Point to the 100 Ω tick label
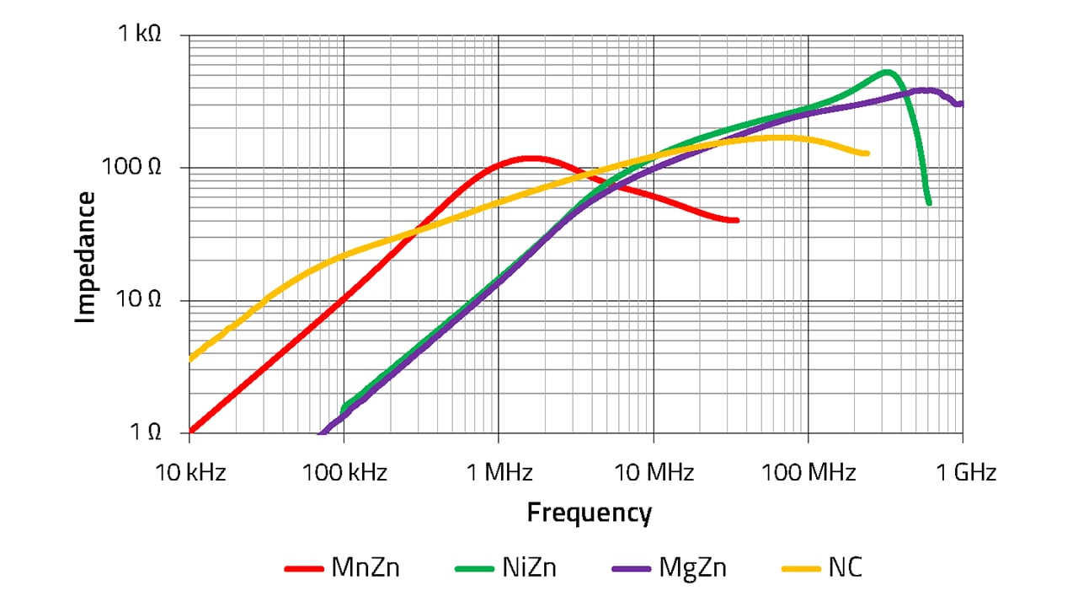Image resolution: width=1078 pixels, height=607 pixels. pyautogui.click(x=131, y=167)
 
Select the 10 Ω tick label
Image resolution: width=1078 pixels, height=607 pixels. pyautogui.click(x=136, y=300)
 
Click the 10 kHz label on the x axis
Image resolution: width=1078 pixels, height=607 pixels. pyautogui.click(x=190, y=472)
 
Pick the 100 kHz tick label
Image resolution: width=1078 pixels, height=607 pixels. pyautogui.click(x=344, y=472)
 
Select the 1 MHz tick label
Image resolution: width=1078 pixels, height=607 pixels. pyautogui.click(x=499, y=472)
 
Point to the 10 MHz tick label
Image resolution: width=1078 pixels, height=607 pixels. pyautogui.click(x=653, y=472)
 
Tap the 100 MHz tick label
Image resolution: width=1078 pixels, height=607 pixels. pyautogui.click(x=808, y=472)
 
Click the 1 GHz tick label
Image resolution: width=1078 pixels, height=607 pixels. pyautogui.click(x=963, y=472)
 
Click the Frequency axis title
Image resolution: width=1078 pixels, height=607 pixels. pyautogui.click(x=589, y=513)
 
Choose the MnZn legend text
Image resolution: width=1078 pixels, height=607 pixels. pyautogui.click(x=365, y=568)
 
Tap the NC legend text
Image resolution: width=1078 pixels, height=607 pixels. pyautogui.click(x=845, y=568)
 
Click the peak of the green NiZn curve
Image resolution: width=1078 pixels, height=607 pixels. pyautogui.click(x=886, y=72)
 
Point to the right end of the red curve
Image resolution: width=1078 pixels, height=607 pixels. pyautogui.click(x=736, y=220)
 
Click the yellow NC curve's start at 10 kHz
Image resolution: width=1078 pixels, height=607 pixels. pyautogui.click(x=191, y=359)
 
